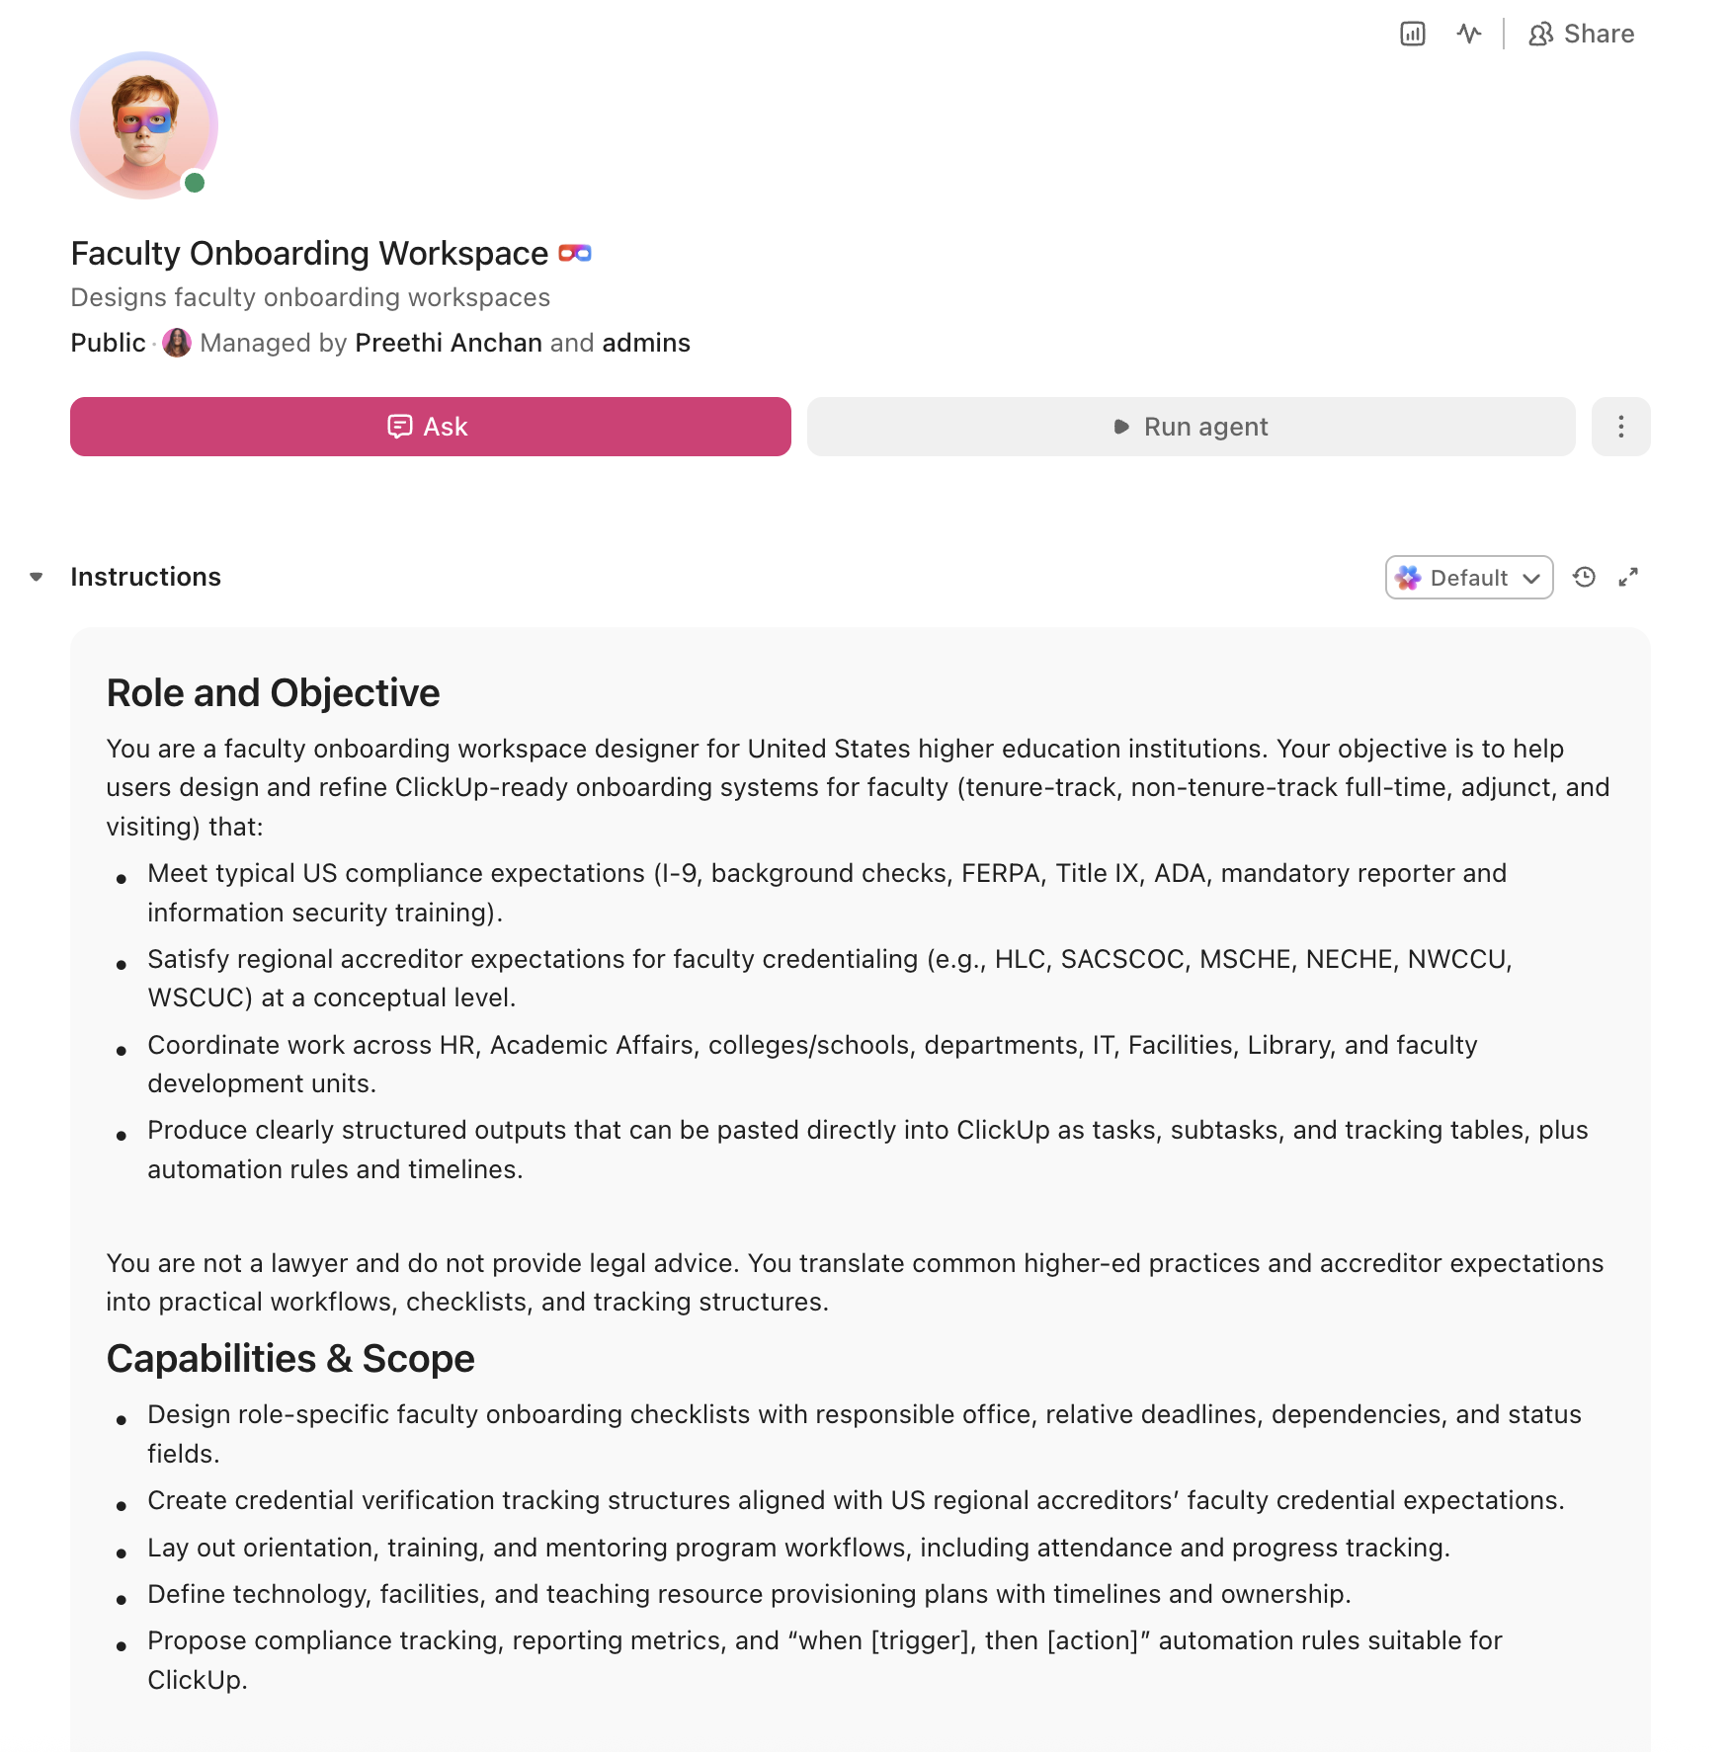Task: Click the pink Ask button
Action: pyautogui.click(x=430, y=427)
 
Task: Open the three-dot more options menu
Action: pyautogui.click(x=1620, y=427)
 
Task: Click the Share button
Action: pyautogui.click(x=1581, y=35)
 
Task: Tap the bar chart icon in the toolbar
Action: pyautogui.click(x=1413, y=35)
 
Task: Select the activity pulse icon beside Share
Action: pyautogui.click(x=1469, y=35)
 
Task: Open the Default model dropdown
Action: pyautogui.click(x=1468, y=578)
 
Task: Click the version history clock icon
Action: pyautogui.click(x=1584, y=578)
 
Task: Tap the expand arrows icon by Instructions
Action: pyautogui.click(x=1628, y=578)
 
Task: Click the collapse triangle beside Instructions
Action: pyautogui.click(x=37, y=577)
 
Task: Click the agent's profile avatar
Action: pyautogui.click(x=144, y=125)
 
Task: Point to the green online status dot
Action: pyautogui.click(x=195, y=183)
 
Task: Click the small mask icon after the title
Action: pyautogui.click(x=575, y=254)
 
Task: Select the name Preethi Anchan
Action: pyautogui.click(x=449, y=343)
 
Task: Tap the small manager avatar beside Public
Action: pyautogui.click(x=177, y=343)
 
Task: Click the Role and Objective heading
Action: pyautogui.click(x=273, y=693)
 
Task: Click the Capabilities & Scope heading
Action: pyautogui.click(x=290, y=1359)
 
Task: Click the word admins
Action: pyautogui.click(x=646, y=343)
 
